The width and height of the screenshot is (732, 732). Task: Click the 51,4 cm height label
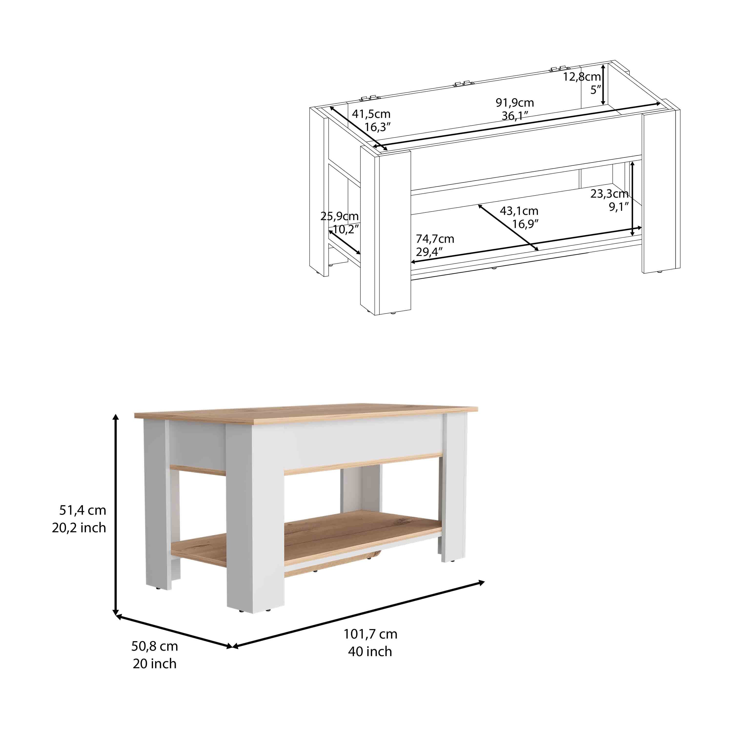(x=83, y=510)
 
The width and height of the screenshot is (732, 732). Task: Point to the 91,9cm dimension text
(x=515, y=103)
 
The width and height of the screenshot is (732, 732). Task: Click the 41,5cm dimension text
(x=371, y=114)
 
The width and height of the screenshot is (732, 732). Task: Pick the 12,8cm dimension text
(x=582, y=77)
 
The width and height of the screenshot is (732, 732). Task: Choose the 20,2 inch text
(x=79, y=528)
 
